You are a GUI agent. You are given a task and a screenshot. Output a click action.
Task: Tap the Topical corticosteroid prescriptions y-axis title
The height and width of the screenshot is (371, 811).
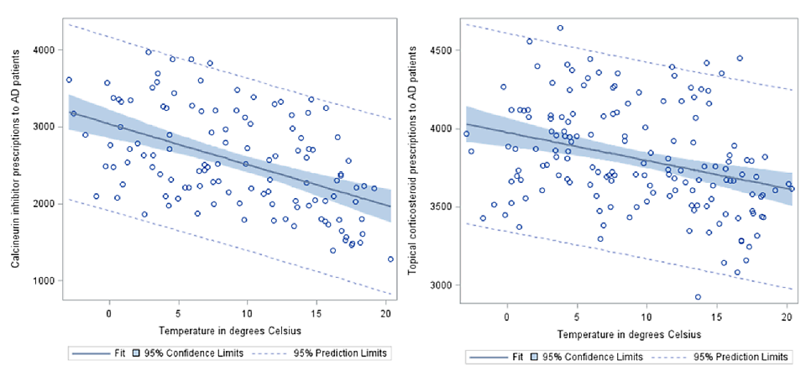(x=413, y=167)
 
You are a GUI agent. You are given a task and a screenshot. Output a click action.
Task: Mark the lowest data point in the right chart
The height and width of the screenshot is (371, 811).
(x=698, y=296)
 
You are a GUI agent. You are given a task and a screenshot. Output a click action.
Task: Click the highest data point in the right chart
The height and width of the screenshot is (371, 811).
(x=560, y=28)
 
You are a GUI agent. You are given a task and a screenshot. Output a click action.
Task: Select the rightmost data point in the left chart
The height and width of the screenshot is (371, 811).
(x=390, y=259)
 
